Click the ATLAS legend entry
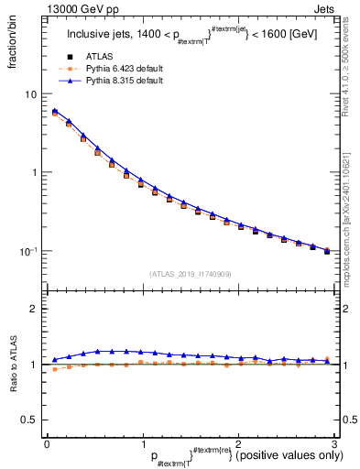click(x=98, y=57)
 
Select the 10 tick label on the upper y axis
click(x=30, y=94)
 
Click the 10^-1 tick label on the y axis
click(x=27, y=250)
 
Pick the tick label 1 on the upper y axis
click(x=33, y=172)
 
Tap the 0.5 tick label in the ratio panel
click(x=28, y=420)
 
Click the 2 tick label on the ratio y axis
click(x=33, y=309)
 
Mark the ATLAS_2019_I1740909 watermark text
click(x=190, y=273)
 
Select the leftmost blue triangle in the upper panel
click(x=55, y=111)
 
